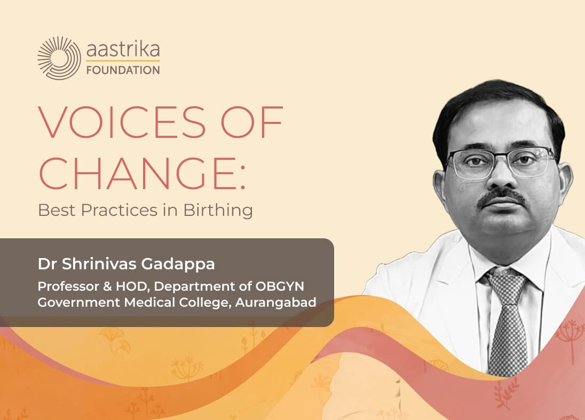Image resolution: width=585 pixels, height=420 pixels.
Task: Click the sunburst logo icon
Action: pos(59,58)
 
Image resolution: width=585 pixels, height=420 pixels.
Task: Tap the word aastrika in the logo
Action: pos(123,50)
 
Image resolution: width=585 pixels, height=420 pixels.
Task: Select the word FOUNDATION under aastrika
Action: pos(123,70)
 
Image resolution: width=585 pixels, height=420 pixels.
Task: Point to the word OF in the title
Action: pos(252,122)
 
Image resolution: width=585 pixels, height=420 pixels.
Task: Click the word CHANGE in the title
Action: pos(136,173)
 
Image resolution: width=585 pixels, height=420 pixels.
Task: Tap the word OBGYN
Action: pos(280,286)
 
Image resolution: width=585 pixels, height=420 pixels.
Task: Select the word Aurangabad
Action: pos(276,302)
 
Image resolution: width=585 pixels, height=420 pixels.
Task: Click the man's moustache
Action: pos(502,197)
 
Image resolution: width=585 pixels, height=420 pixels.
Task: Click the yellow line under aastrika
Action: pos(123,61)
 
